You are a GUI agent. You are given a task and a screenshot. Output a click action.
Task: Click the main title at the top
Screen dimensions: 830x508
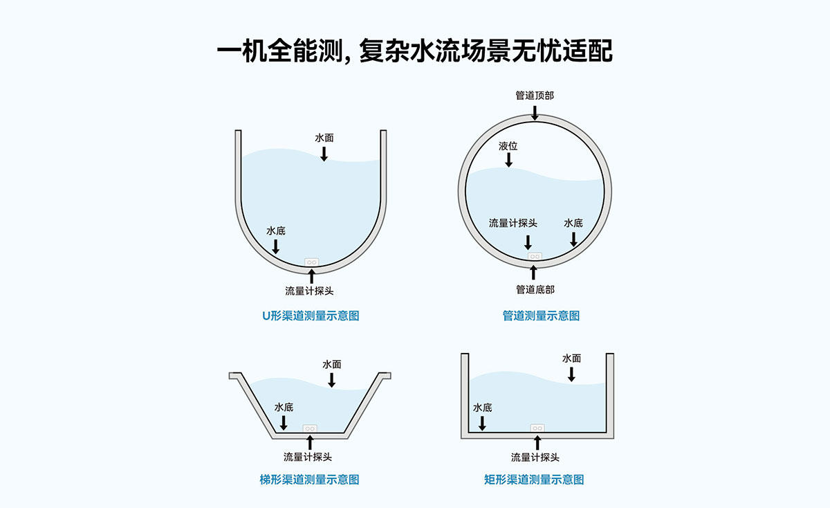pyautogui.click(x=414, y=51)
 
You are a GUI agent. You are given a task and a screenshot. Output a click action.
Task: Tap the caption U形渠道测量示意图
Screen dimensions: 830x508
pyautogui.click(x=311, y=316)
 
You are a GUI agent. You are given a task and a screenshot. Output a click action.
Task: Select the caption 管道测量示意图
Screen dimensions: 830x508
pyautogui.click(x=541, y=316)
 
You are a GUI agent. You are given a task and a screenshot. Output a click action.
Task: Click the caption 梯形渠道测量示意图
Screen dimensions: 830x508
pyautogui.click(x=309, y=480)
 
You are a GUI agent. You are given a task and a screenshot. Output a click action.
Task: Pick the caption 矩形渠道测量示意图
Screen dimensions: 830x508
pyautogui.click(x=534, y=480)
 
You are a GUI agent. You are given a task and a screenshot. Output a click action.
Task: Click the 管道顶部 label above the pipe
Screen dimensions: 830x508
pyautogui.click(x=535, y=96)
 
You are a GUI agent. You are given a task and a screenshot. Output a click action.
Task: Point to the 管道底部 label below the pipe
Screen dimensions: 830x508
pyautogui.click(x=535, y=289)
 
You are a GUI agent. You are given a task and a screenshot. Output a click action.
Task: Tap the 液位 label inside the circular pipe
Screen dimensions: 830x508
pyautogui.click(x=508, y=146)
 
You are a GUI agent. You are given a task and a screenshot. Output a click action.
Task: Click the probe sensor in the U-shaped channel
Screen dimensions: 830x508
pyautogui.click(x=312, y=262)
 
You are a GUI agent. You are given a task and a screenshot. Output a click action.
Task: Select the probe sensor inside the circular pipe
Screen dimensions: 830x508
pyautogui.click(x=535, y=256)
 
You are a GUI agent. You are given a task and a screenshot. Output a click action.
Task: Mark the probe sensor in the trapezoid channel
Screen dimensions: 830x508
pyautogui.click(x=310, y=428)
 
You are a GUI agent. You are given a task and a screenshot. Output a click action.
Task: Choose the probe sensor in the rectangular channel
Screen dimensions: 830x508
pyautogui.click(x=537, y=428)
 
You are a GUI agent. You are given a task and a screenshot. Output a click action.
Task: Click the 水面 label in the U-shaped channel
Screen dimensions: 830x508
pyautogui.click(x=324, y=138)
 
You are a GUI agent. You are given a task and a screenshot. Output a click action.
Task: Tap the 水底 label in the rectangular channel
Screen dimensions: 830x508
pyautogui.click(x=483, y=408)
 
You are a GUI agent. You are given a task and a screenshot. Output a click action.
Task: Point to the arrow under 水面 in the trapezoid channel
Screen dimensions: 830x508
pyautogui.click(x=331, y=380)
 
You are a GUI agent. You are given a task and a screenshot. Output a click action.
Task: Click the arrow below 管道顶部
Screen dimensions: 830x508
pyautogui.click(x=535, y=113)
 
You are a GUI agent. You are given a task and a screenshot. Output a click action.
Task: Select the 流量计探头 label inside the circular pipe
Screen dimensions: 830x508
pyautogui.click(x=513, y=223)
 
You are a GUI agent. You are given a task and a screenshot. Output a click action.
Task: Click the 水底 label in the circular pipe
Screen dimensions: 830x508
pyautogui.click(x=573, y=223)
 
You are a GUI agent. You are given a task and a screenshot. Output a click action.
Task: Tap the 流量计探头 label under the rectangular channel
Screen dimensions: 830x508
pyautogui.click(x=535, y=457)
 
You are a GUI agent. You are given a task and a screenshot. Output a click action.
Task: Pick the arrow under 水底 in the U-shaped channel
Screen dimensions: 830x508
pyautogui.click(x=276, y=246)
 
